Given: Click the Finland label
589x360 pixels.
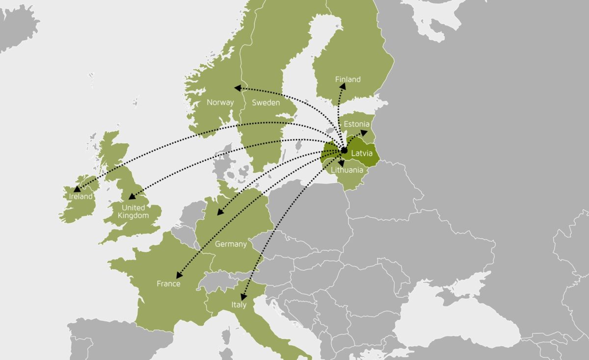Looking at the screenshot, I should pos(348,79).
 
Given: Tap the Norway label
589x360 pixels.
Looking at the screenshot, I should pos(220,103).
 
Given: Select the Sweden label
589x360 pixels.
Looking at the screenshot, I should pos(266,103).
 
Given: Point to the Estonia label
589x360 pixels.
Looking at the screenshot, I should pos(357,124).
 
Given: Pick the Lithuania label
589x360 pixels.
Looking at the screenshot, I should pos(347,170).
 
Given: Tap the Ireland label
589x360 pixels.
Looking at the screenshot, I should pos(80,196).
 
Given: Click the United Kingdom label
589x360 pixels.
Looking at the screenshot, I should pos(133,211).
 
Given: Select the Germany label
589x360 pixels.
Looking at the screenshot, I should pos(231,244).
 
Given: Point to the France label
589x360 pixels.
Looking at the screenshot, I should pos(168,283).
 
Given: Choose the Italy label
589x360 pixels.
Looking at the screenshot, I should pos(239,306).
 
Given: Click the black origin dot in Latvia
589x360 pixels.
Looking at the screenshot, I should pos(344,150).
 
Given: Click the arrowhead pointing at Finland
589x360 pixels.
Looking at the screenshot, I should pos(342,87).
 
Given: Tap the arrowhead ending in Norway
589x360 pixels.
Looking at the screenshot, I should pos(238,88).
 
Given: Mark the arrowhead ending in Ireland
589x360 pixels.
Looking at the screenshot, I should pos(77,188).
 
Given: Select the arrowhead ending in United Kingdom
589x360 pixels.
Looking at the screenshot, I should pos(131,197).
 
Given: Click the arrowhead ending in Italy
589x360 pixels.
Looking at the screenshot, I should pos(242,296).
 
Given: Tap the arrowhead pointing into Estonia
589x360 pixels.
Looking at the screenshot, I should pos(364,132).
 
